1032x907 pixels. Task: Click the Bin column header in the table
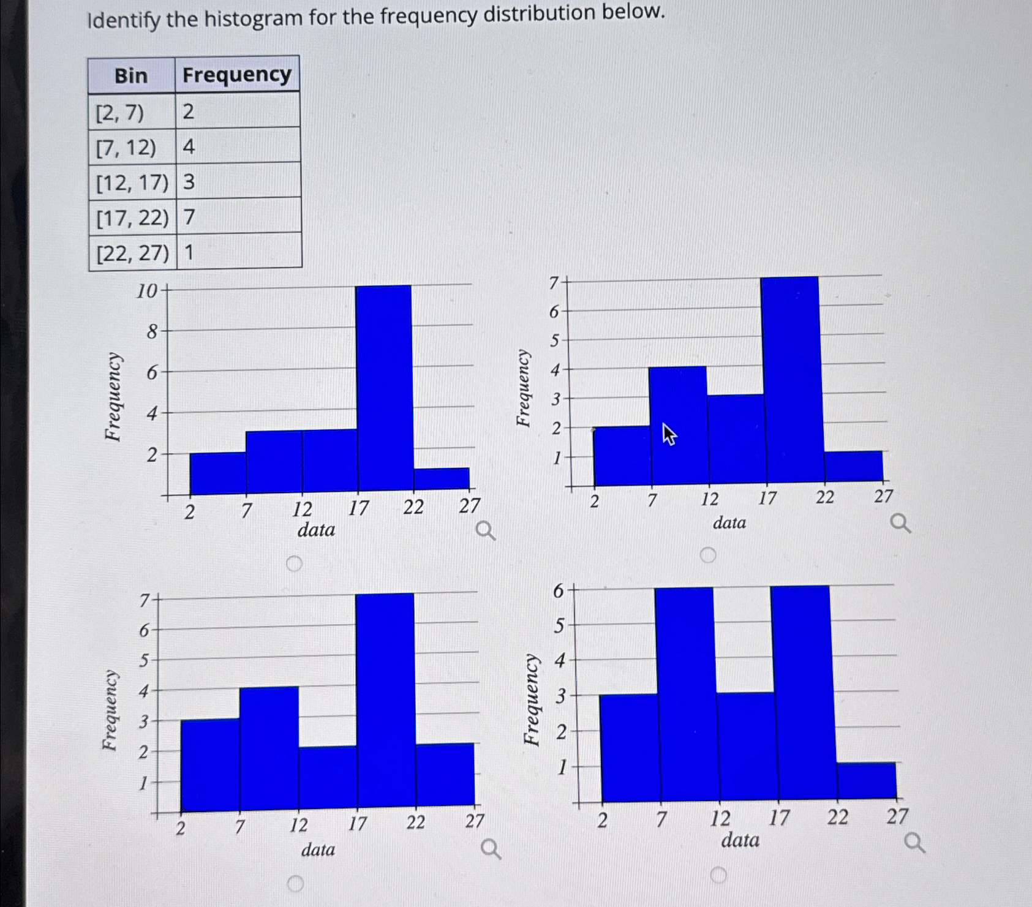coord(131,75)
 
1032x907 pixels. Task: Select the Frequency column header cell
coord(237,75)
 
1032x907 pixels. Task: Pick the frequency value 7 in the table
coord(189,217)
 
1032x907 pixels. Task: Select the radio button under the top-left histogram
coord(294,563)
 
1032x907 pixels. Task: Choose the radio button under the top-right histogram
coord(708,555)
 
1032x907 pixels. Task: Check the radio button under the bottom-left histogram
coord(295,883)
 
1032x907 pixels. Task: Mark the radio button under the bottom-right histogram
coord(718,875)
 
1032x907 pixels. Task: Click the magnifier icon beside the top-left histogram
coord(486,530)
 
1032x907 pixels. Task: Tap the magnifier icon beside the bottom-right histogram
coord(915,843)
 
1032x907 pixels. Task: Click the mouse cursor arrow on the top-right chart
coord(669,434)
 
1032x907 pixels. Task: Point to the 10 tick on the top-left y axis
coord(147,291)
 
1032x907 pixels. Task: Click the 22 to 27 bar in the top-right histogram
coord(854,466)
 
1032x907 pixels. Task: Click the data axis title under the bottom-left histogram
coord(318,849)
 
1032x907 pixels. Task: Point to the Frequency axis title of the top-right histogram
coord(522,388)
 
